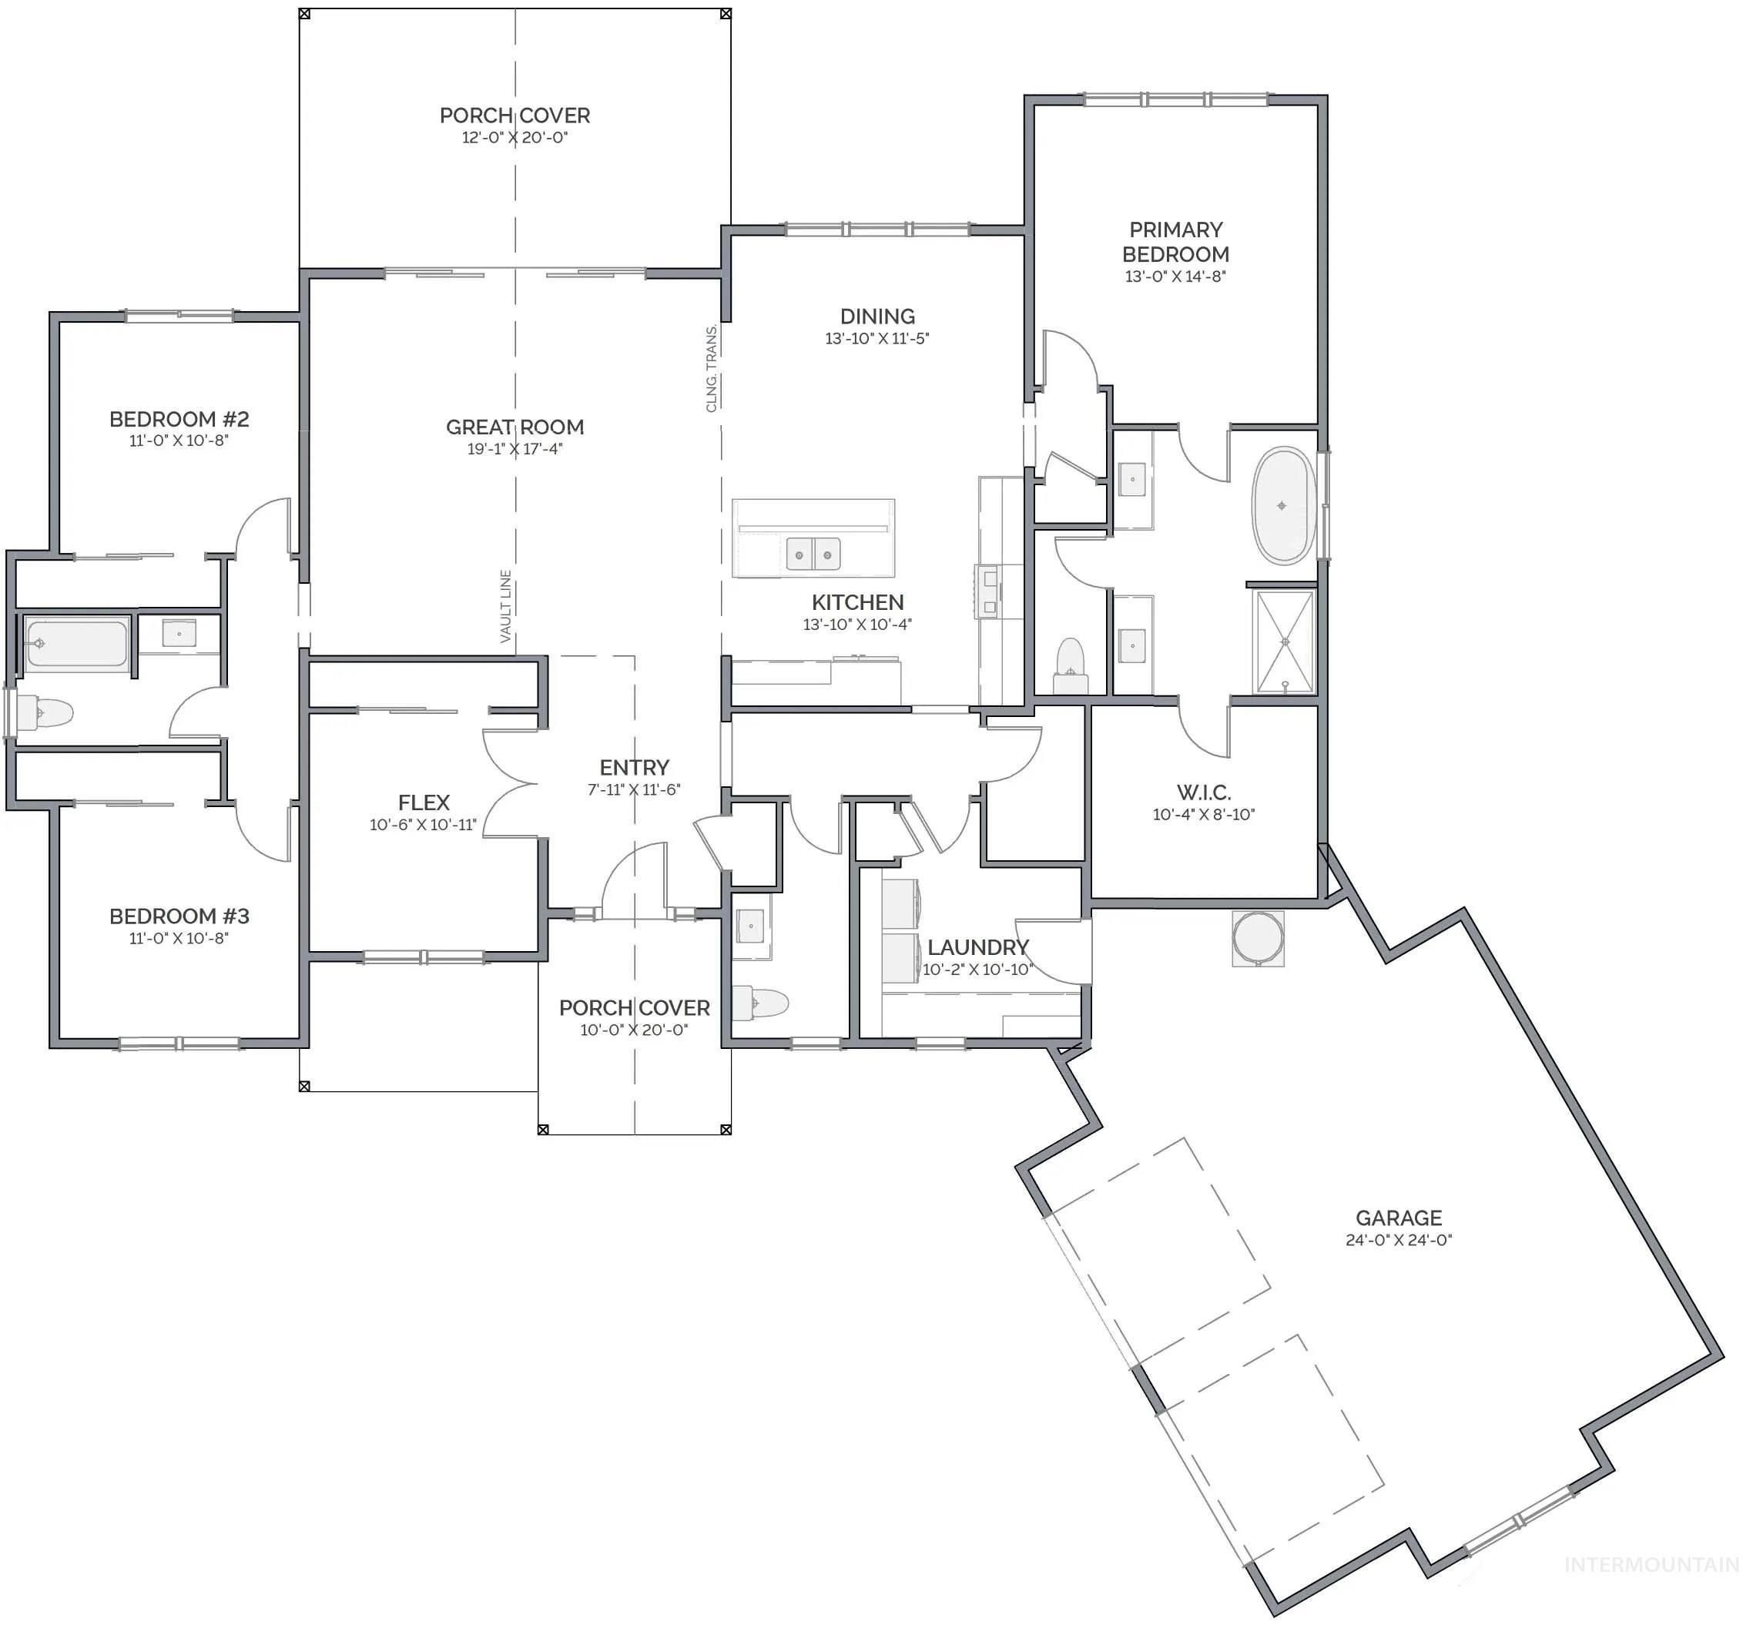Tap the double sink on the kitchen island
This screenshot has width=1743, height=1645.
pyautogui.click(x=813, y=554)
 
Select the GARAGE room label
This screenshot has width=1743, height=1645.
pyautogui.click(x=1399, y=1218)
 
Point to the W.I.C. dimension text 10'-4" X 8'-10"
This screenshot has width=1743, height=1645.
pyautogui.click(x=1203, y=815)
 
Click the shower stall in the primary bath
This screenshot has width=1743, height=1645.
pyautogui.click(x=1285, y=642)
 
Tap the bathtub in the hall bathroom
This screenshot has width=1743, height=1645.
pyautogui.click(x=76, y=645)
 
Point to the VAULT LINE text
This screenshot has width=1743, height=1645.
pyautogui.click(x=506, y=606)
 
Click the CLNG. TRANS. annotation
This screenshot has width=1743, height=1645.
pyautogui.click(x=712, y=368)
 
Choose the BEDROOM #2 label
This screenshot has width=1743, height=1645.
pyautogui.click(x=179, y=419)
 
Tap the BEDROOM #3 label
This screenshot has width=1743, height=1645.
pyautogui.click(x=179, y=916)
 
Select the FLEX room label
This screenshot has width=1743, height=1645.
pyautogui.click(x=424, y=802)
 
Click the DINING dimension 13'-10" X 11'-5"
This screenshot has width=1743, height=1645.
pyautogui.click(x=877, y=338)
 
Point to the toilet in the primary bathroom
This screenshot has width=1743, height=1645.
pyautogui.click(x=1070, y=665)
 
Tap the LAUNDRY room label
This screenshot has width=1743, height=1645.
pyautogui.click(x=977, y=947)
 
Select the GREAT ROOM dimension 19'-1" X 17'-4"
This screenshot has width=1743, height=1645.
pyautogui.click(x=515, y=449)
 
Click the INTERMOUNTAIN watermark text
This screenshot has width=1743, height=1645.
pyautogui.click(x=1651, y=1565)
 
